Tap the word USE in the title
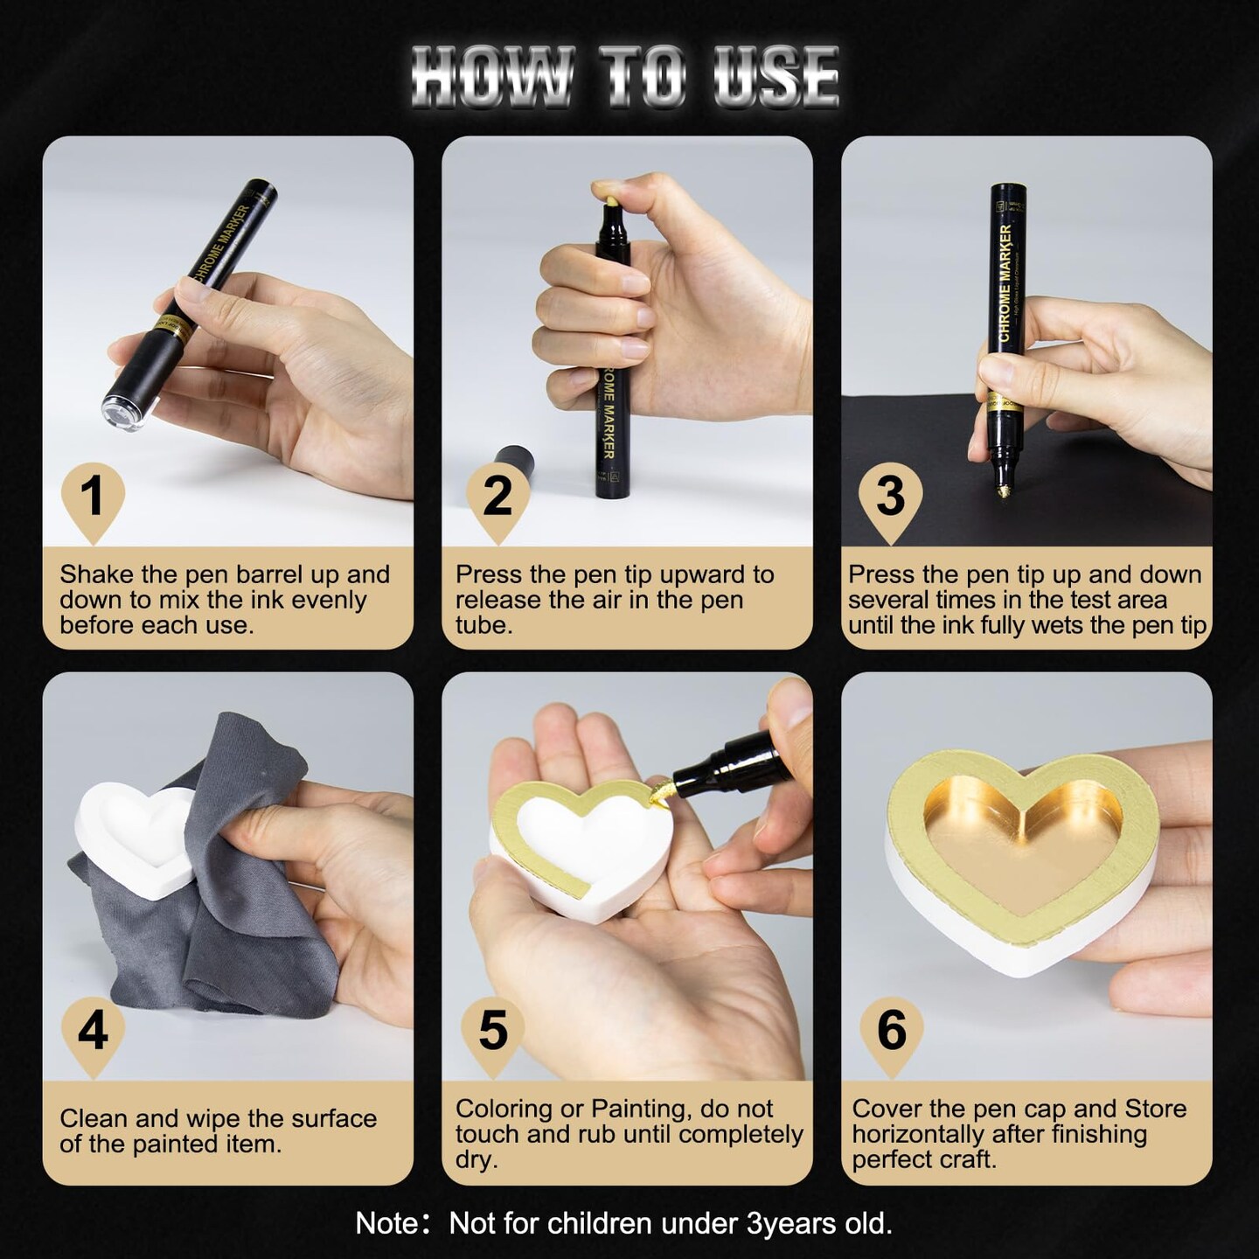(x=776, y=76)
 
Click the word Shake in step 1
(x=97, y=574)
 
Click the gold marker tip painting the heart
(x=659, y=793)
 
